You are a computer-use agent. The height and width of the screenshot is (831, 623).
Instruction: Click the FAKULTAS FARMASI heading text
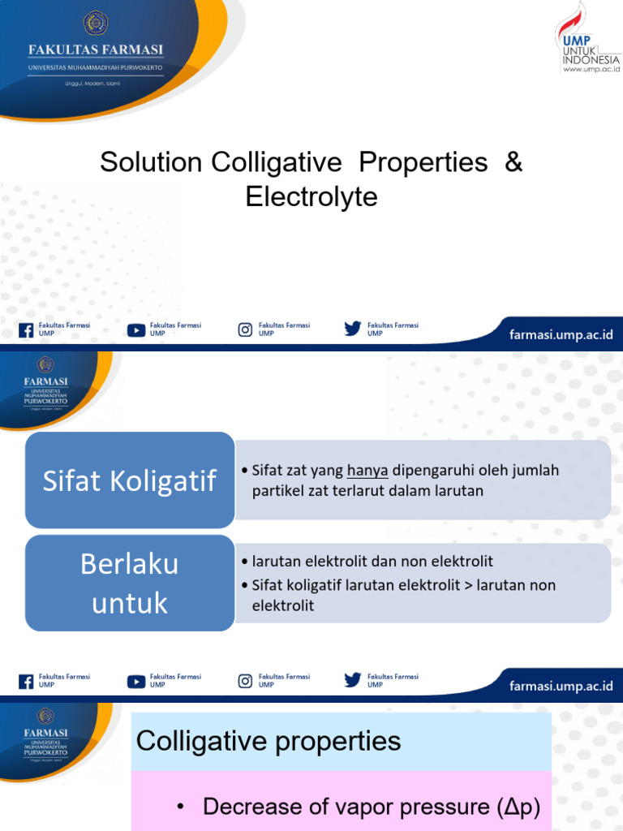[96, 50]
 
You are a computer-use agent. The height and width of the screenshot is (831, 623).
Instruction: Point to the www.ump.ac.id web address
[591, 69]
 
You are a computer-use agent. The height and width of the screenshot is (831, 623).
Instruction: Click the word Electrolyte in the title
[311, 197]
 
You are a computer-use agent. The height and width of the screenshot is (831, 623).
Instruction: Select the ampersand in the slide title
[513, 162]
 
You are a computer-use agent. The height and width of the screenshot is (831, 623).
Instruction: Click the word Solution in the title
[151, 162]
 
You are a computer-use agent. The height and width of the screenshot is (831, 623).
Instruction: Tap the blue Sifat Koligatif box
[130, 480]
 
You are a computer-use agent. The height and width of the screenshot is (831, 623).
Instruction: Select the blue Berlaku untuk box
[130, 583]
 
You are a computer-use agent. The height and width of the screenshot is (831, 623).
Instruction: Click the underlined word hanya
[367, 471]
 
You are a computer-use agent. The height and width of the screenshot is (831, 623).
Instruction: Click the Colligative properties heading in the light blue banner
[269, 740]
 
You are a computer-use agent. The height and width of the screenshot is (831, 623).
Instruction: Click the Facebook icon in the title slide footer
[26, 329]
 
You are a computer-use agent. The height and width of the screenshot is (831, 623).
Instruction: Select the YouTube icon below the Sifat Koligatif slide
[136, 681]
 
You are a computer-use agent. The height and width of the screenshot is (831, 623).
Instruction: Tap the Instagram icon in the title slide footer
[245, 329]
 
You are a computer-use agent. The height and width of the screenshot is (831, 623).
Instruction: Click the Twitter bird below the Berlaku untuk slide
[352, 680]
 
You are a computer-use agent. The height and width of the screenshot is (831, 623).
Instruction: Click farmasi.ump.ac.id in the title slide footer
[561, 335]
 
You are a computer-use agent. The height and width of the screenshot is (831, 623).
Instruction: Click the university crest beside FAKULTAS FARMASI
[96, 22]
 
